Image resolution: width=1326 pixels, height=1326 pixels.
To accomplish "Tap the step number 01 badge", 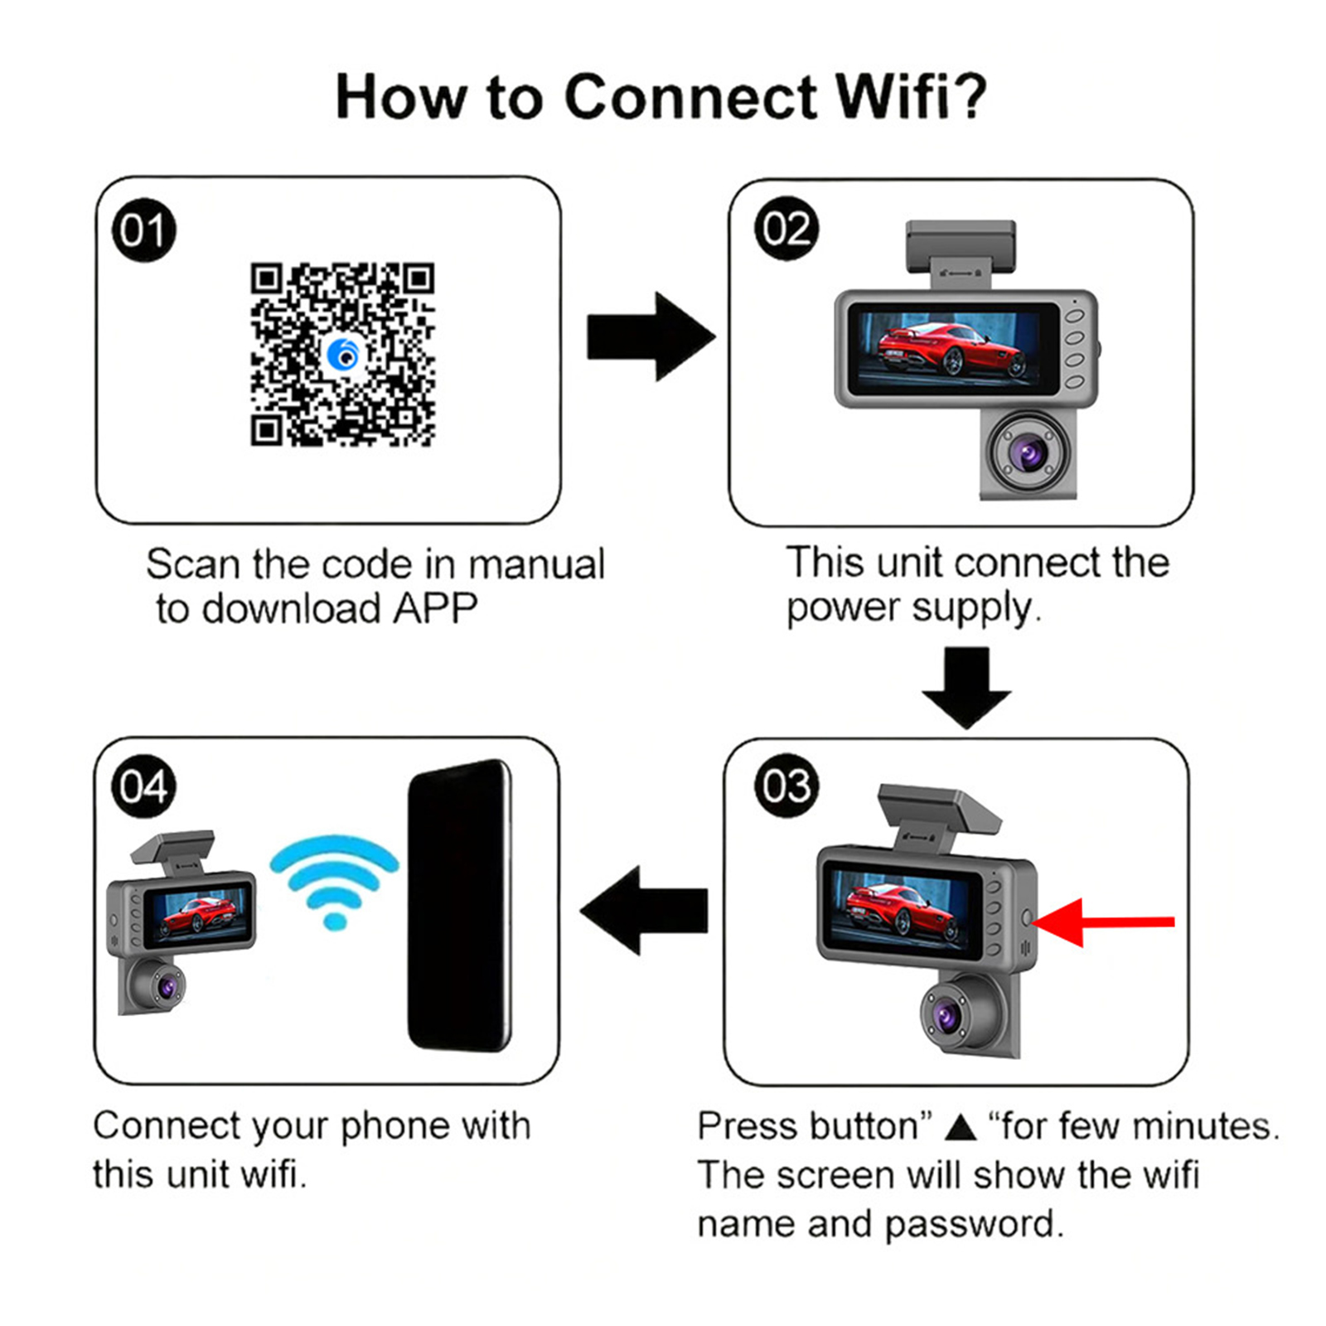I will (143, 230).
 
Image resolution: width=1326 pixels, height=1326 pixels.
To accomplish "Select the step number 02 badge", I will (786, 229).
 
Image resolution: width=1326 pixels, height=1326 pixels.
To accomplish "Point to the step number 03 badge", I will (786, 786).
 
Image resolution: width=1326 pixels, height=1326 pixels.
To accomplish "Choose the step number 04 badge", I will (143, 786).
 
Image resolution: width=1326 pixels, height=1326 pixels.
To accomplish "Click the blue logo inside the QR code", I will (342, 355).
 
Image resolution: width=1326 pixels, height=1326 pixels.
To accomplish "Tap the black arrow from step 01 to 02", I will (651, 336).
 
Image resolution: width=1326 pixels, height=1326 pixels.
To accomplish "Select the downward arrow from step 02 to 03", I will (966, 687).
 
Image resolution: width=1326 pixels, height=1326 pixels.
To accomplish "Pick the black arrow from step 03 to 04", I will (645, 910).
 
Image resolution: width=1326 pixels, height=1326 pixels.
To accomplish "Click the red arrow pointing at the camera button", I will (1102, 921).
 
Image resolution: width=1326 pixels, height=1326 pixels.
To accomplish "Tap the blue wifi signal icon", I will (334, 881).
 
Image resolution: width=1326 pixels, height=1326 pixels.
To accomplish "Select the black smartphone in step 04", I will (459, 905).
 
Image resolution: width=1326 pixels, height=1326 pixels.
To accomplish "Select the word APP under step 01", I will (435, 608).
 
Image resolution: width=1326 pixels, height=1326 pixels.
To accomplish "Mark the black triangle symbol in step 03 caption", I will (961, 1126).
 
